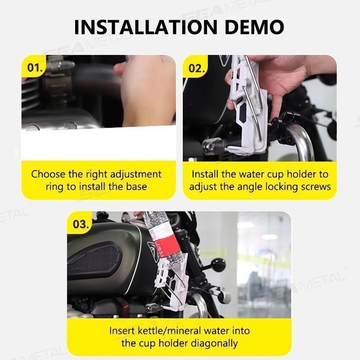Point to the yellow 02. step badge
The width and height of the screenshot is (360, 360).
point(197,68)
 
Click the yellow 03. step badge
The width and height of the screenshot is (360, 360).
point(81,224)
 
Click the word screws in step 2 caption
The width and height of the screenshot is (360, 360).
point(315,186)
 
